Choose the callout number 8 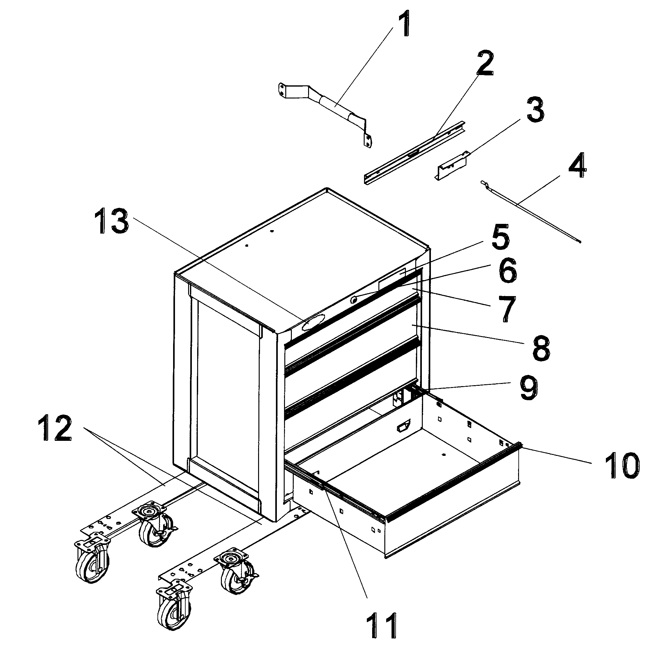click(541, 347)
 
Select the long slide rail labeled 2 click(414, 153)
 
